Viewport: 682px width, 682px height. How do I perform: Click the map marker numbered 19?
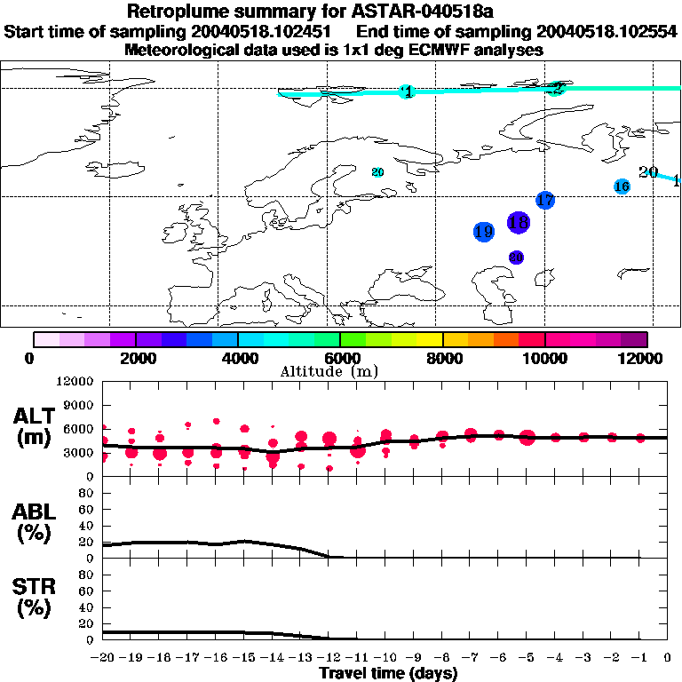[x=483, y=232]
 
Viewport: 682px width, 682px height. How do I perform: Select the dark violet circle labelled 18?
[x=519, y=222]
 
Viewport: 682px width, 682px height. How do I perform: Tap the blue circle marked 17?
[x=545, y=201]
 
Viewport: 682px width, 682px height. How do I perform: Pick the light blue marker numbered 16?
[x=622, y=186]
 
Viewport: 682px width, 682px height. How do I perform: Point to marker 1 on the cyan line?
[x=407, y=92]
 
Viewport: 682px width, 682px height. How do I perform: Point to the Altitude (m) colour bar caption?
[x=340, y=371]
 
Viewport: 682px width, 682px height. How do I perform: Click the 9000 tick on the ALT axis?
[x=79, y=405]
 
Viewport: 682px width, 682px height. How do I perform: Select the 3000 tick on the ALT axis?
[x=79, y=452]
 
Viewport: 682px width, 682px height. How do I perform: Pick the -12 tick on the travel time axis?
[x=329, y=657]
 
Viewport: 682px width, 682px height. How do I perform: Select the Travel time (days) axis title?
[x=389, y=673]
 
